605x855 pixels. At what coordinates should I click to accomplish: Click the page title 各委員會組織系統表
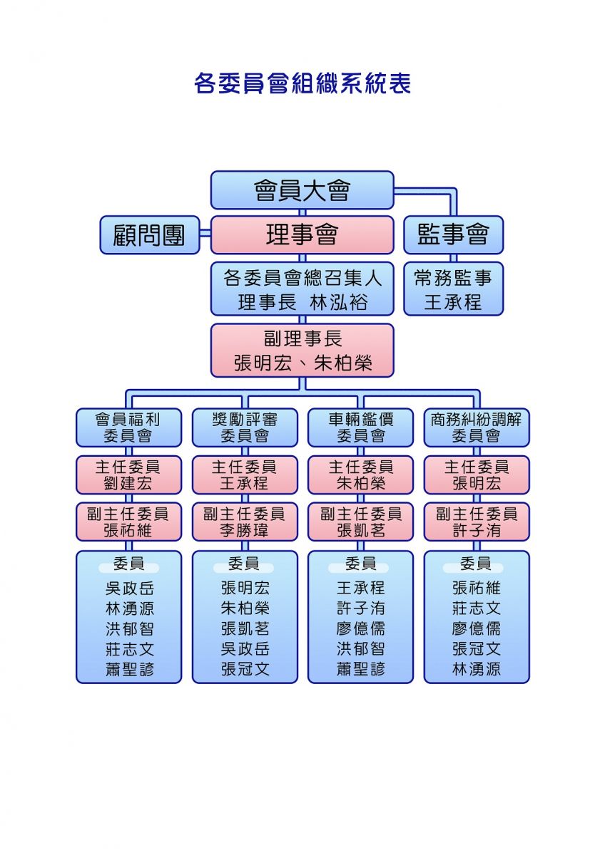click(302, 83)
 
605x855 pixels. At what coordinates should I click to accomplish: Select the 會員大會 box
click(302, 190)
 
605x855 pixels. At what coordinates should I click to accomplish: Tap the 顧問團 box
click(150, 234)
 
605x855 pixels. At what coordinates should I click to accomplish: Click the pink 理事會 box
click(302, 234)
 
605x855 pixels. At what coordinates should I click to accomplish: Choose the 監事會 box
click(453, 234)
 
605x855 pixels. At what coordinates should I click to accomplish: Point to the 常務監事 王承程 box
click(453, 289)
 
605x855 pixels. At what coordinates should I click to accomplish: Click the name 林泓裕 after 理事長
click(339, 302)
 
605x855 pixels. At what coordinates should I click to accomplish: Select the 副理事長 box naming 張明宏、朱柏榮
click(302, 351)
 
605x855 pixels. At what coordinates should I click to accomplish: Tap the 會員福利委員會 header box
click(129, 427)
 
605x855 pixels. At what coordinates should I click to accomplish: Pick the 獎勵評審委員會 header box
click(245, 427)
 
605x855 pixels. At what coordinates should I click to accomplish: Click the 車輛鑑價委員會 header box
click(360, 427)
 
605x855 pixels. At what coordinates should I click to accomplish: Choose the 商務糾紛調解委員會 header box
click(477, 427)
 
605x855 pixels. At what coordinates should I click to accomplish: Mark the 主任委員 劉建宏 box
click(129, 475)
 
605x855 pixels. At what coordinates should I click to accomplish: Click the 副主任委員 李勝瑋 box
click(245, 522)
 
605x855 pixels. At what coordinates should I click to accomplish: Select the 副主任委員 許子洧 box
click(477, 522)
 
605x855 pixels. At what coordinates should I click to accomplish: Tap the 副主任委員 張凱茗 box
click(360, 522)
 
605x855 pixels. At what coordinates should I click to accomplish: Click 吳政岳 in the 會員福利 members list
click(130, 589)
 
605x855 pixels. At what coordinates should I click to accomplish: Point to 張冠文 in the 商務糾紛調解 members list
click(476, 648)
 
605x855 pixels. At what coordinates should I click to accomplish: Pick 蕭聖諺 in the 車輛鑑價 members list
click(360, 669)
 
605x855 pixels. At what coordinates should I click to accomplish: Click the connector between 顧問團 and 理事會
click(205, 233)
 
